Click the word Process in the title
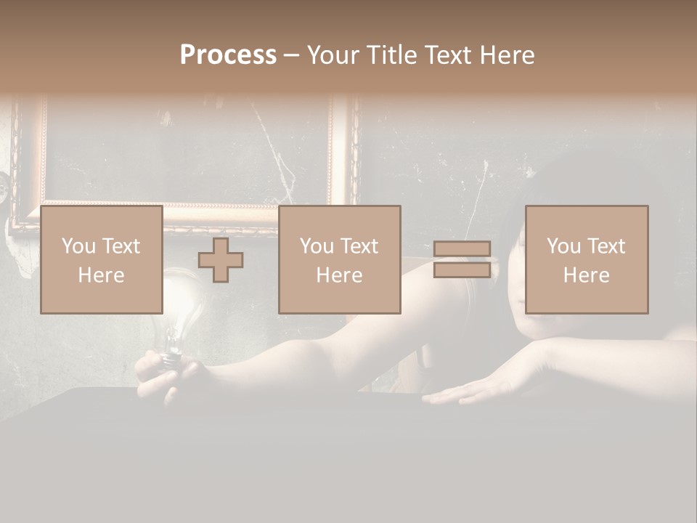click(228, 55)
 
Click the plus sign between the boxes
click(221, 260)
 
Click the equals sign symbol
click(462, 260)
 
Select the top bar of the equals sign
click(462, 250)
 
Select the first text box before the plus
click(101, 260)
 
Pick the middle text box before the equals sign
click(339, 260)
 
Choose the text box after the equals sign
click(586, 260)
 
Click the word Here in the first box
click(101, 275)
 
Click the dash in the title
click(292, 56)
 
